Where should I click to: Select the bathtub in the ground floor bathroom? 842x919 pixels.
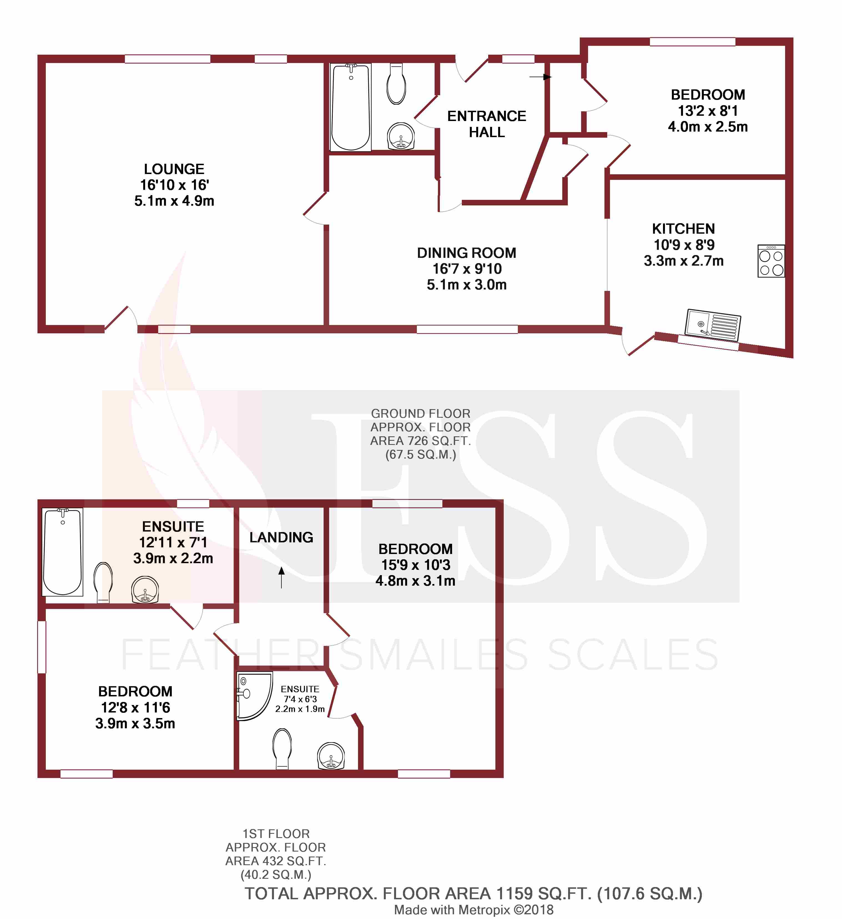coord(351,107)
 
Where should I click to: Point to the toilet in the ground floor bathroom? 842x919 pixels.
coord(396,84)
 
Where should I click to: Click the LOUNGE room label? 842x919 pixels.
coord(174,169)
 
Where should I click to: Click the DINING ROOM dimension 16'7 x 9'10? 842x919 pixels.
coord(467,268)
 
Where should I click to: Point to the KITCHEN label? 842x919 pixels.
coord(683,228)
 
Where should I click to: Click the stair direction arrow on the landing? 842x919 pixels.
coord(282,577)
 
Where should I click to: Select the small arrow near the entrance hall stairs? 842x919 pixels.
coord(541,77)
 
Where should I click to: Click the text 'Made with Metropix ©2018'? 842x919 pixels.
coord(474,910)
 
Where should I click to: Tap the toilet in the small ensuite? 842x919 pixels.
coord(282,749)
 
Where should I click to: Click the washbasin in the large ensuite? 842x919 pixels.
coord(145,590)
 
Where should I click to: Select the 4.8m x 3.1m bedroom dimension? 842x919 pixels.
coord(415,581)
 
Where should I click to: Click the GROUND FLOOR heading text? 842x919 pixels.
coord(420,414)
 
